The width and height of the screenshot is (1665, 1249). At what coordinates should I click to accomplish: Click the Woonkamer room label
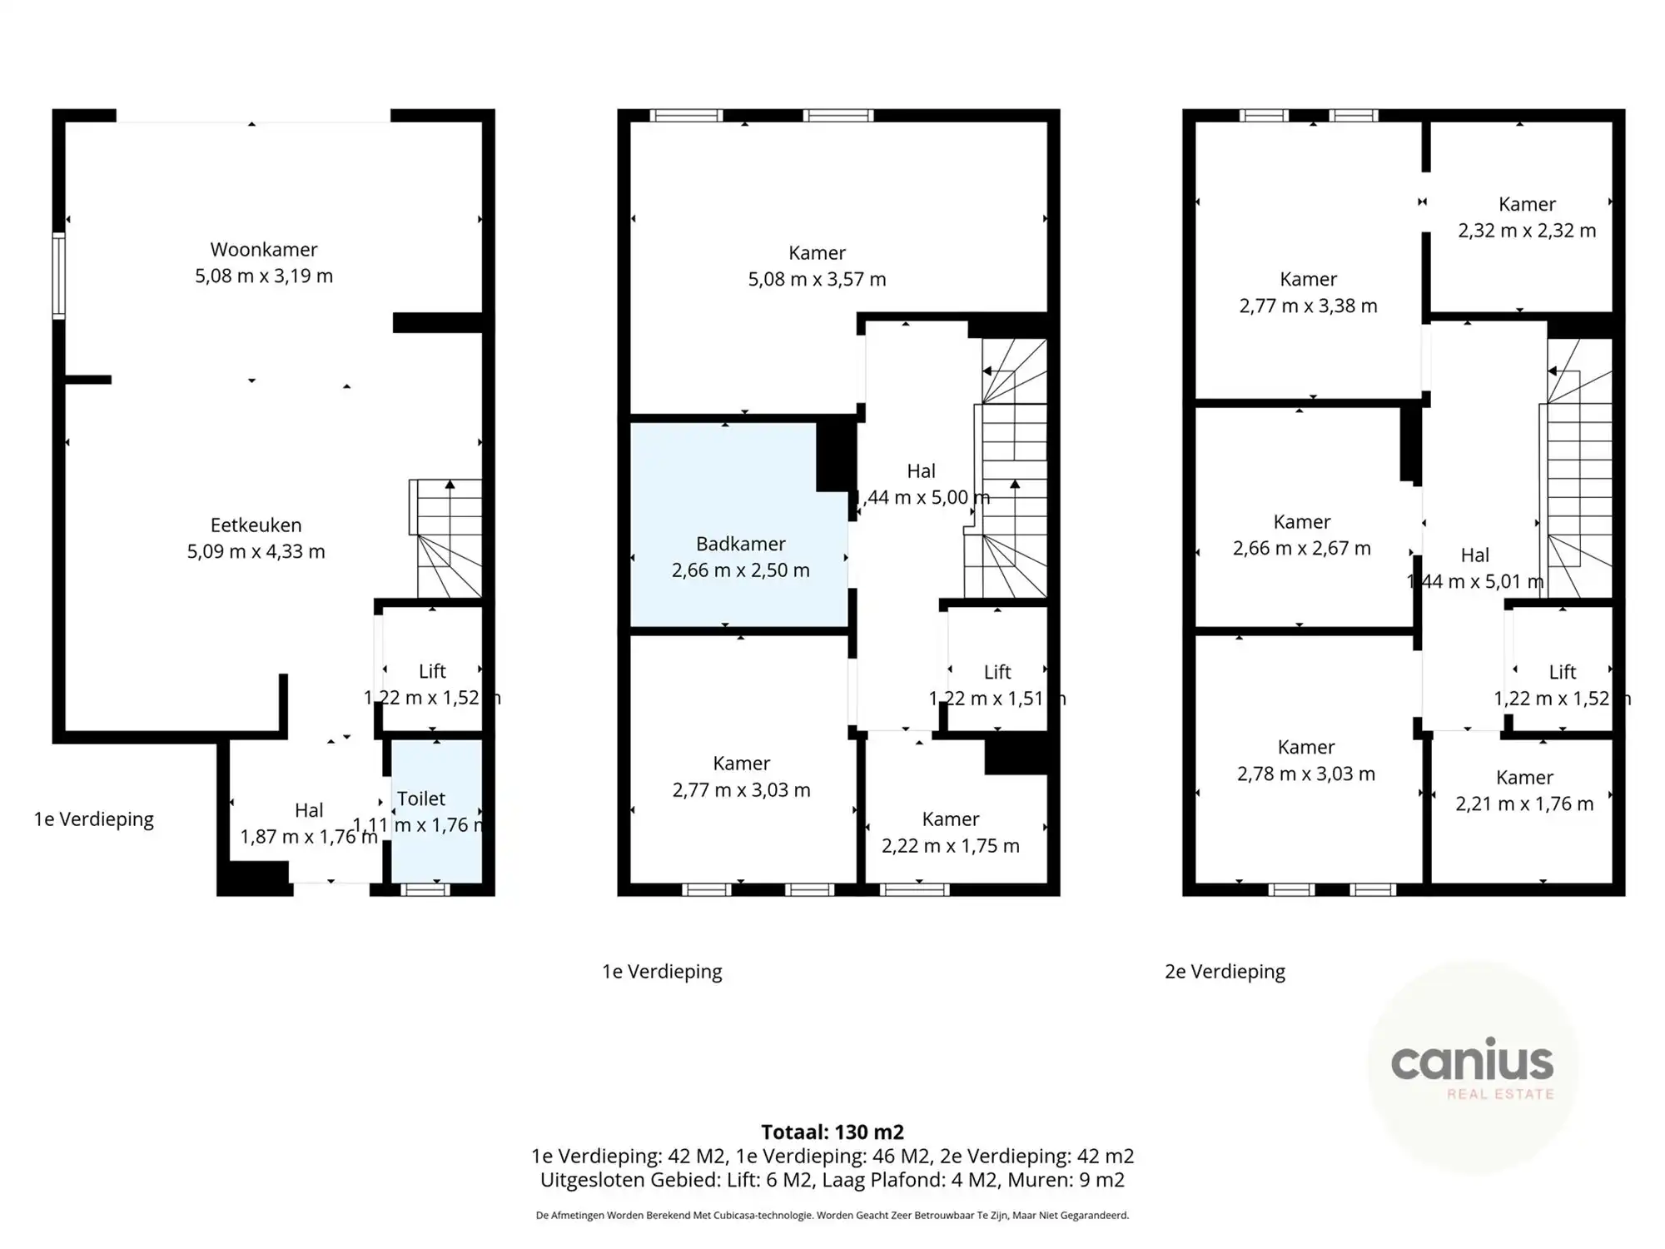point(263,250)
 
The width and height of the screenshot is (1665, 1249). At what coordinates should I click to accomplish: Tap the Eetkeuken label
point(256,525)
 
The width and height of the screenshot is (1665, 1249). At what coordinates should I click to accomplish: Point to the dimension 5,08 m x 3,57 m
point(817,280)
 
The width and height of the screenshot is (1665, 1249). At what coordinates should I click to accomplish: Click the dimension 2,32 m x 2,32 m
point(1527,231)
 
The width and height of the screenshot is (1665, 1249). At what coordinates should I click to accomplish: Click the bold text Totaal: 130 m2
point(832,1132)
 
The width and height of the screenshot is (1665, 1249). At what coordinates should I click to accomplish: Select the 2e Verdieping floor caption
point(1225,972)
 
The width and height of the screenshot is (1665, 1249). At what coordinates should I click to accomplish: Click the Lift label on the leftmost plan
point(432,671)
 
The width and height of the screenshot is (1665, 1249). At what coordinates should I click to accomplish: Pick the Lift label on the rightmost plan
point(1562,672)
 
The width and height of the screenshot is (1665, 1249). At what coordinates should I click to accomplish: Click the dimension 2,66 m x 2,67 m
point(1301,549)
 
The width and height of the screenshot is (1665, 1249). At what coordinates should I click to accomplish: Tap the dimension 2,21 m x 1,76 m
point(1524,804)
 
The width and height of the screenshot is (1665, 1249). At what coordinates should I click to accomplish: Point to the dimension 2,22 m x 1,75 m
point(950,846)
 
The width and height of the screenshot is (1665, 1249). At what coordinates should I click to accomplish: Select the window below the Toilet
point(425,890)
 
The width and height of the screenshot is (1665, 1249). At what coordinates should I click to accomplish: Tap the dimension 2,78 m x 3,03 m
point(1305,774)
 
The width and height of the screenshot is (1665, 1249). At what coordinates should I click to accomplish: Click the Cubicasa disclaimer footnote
point(832,1216)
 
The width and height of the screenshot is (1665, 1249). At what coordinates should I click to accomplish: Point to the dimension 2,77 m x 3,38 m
point(1308,306)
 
